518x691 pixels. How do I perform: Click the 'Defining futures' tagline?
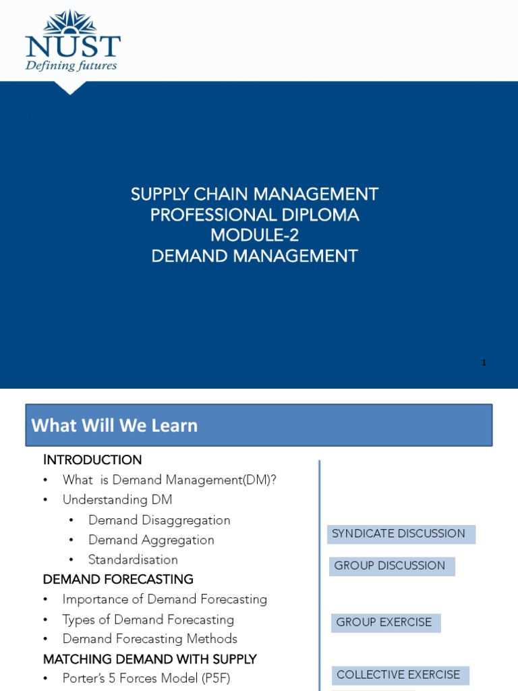71,65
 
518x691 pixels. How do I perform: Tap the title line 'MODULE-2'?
254,236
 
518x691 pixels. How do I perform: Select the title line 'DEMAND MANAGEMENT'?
254,256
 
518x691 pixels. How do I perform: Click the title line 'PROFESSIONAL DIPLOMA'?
254,215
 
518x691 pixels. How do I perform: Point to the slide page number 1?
484,363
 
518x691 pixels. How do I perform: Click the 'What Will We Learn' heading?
115,426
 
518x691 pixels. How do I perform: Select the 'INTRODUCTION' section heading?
92,460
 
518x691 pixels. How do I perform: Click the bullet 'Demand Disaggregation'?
159,520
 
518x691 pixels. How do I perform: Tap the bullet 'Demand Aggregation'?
151,540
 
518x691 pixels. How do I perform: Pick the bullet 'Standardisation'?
133,559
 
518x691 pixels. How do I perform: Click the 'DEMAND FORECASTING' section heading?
118,580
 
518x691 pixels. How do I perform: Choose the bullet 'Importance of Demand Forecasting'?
165,599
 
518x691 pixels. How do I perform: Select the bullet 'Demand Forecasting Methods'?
150,638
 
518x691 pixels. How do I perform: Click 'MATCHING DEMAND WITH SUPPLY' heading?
150,659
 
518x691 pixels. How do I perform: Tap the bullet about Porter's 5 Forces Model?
146,678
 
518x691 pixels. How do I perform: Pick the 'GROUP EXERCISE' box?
385,622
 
